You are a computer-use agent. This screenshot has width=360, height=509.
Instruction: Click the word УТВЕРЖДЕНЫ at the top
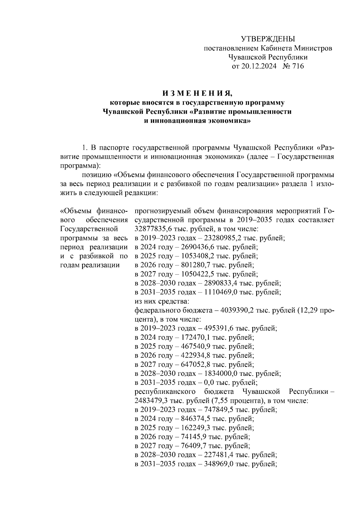pyautogui.click(x=268, y=39)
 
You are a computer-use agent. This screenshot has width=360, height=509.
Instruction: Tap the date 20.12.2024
pyautogui.click(x=259, y=66)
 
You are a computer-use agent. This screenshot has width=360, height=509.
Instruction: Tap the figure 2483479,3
pyautogui.click(x=151, y=401)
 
